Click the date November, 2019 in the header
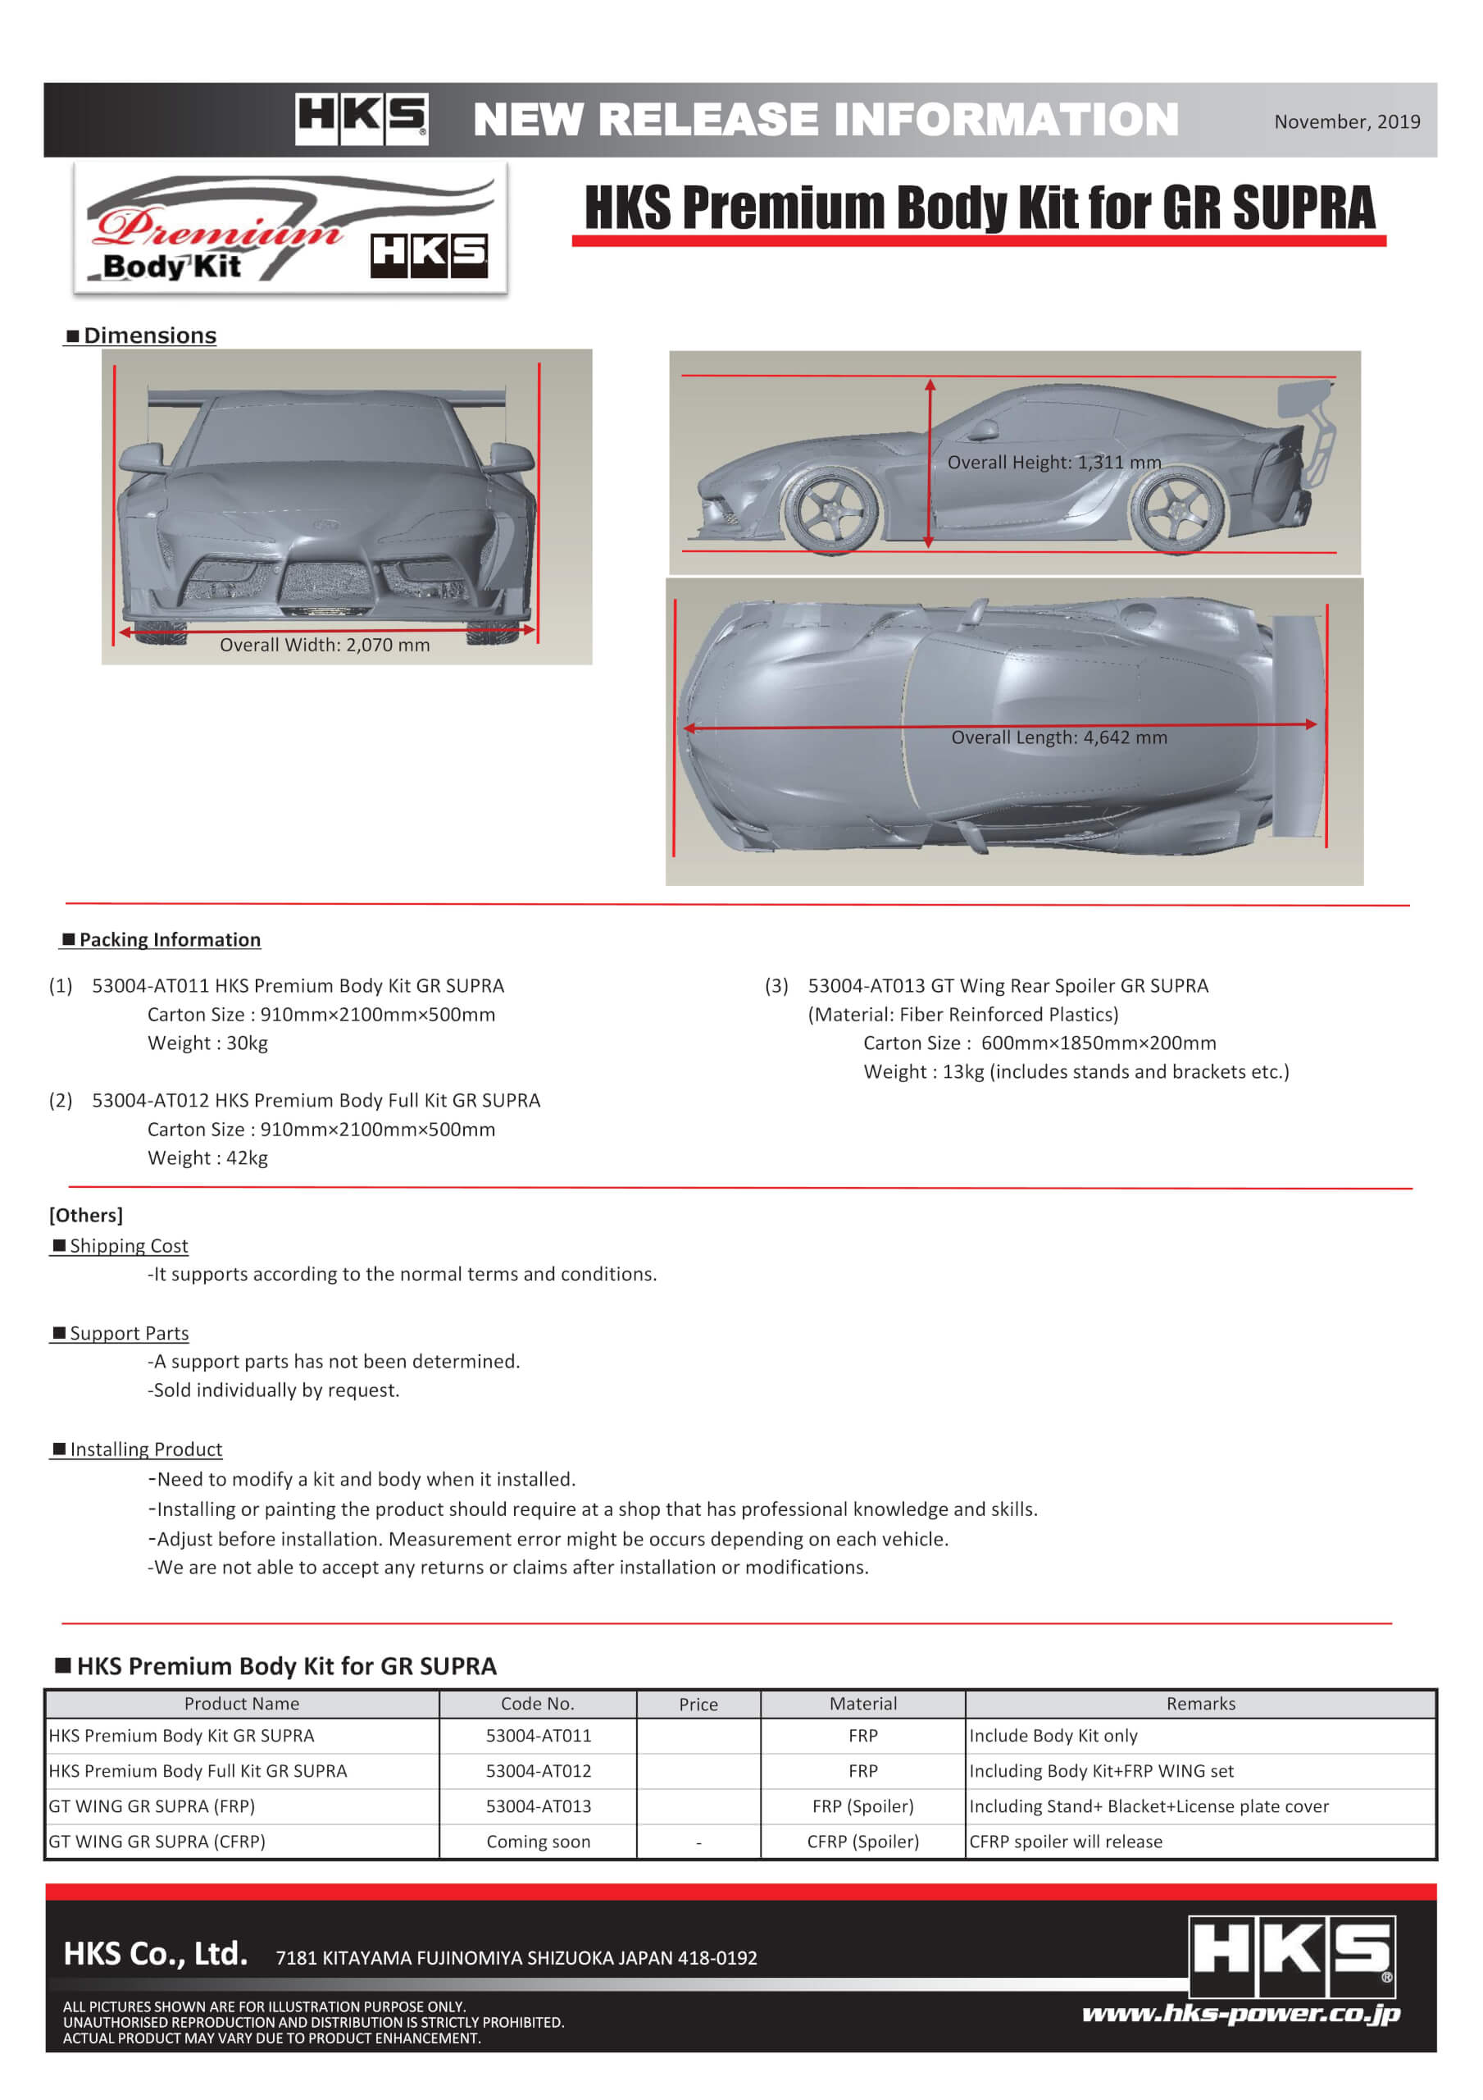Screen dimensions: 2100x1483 [1346, 121]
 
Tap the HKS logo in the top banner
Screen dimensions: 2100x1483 [362, 119]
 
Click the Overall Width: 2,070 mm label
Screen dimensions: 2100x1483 [325, 645]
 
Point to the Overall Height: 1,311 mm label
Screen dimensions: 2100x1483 [1053, 462]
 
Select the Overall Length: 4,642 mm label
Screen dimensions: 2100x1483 [1059, 737]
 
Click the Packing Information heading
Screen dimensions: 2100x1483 [168, 939]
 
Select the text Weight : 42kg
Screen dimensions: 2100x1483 [207, 1158]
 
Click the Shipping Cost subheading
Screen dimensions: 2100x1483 [128, 1246]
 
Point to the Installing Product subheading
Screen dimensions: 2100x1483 [145, 1449]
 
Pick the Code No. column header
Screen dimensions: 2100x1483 [538, 1704]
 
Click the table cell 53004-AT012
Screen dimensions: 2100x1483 [538, 1771]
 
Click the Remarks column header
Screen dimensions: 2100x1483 [1199, 1704]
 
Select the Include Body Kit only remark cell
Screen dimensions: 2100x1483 [1053, 1736]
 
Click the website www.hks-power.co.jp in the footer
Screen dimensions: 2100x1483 [1240, 2014]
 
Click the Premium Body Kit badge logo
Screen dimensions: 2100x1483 [290, 230]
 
